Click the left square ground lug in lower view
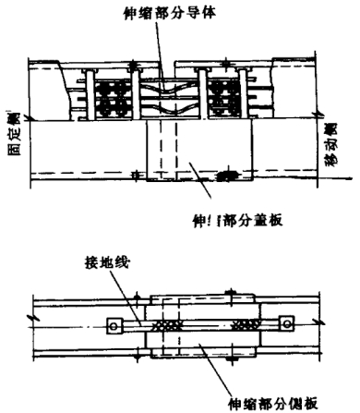coord(114,324)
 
